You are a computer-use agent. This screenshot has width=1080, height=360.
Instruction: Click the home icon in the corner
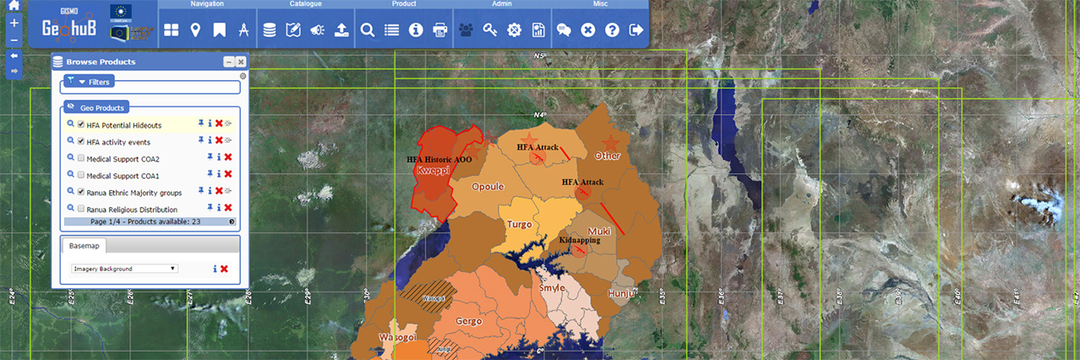pos(14,7)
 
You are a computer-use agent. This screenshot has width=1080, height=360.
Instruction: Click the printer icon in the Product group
pos(439,30)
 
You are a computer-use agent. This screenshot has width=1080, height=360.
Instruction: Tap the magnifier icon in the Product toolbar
pos(368,30)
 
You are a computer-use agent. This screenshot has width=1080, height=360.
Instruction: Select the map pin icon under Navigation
pos(195,30)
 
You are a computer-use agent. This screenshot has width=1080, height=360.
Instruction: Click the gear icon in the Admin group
pos(513,30)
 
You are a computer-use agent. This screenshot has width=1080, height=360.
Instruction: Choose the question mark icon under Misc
pos(612,30)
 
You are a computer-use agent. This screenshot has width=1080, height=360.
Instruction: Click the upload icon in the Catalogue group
pos(341,30)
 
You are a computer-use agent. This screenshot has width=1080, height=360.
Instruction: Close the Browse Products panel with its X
pos(241,62)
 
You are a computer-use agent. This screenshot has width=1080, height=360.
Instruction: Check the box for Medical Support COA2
pos(81,158)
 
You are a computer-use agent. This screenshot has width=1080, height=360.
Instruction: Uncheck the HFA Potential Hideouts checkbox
pos(81,125)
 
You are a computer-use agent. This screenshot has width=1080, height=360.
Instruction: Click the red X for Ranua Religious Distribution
pos(228,208)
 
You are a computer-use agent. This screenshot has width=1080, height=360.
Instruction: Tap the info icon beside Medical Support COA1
pos(219,175)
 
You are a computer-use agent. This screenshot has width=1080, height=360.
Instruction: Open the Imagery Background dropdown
pos(124,269)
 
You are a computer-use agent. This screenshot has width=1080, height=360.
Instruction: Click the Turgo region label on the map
pos(519,225)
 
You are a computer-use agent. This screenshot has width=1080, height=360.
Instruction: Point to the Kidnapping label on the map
pos(580,241)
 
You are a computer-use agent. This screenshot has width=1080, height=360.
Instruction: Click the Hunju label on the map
pos(621,293)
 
